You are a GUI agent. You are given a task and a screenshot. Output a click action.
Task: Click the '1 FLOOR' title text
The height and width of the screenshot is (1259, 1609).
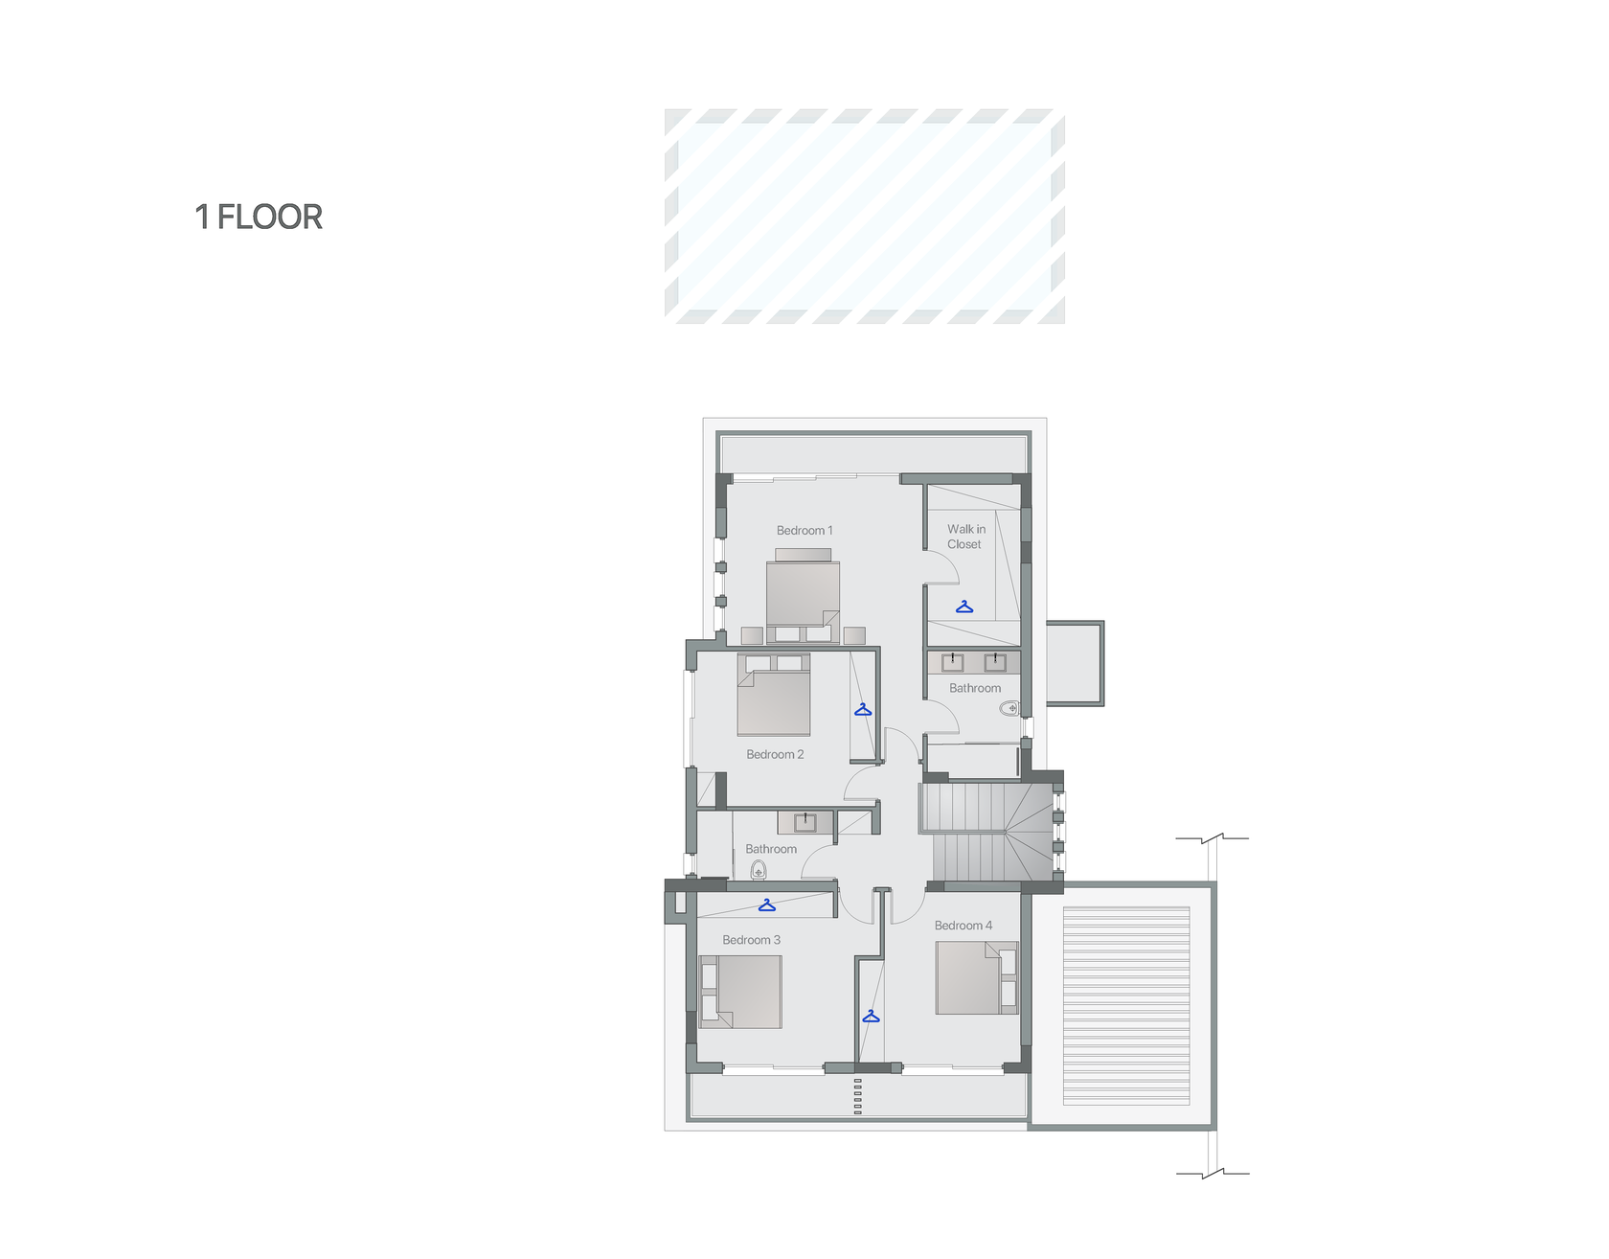(259, 217)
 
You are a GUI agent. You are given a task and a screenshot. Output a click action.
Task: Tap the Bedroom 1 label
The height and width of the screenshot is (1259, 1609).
(804, 530)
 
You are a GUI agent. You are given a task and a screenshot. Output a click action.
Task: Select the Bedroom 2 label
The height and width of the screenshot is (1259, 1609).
(775, 754)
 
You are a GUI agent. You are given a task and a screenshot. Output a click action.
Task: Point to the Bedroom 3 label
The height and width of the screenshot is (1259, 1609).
(751, 940)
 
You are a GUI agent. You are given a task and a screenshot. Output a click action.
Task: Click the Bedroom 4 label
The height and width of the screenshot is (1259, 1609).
(963, 926)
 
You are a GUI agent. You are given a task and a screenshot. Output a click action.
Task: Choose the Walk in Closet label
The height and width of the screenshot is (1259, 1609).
(965, 537)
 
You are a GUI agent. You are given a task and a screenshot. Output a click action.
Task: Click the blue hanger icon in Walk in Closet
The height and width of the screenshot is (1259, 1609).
(964, 607)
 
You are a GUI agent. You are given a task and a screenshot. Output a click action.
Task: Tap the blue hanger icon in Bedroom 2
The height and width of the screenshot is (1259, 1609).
(863, 710)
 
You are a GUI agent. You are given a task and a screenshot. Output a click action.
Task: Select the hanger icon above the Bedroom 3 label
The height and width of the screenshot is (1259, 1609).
(767, 905)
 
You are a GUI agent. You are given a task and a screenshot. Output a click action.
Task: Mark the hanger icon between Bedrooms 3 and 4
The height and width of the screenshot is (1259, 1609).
(871, 1017)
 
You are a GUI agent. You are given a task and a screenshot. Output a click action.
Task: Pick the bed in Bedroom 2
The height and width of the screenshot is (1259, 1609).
(774, 695)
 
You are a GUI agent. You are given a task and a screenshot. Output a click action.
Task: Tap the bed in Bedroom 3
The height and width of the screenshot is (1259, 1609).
(740, 992)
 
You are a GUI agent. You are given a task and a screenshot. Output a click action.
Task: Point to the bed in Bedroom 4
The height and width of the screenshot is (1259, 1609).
(977, 977)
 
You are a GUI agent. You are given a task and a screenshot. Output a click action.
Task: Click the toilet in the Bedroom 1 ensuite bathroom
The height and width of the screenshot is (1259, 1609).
(1009, 709)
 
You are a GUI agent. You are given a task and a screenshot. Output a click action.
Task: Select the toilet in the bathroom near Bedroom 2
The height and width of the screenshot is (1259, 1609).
(759, 870)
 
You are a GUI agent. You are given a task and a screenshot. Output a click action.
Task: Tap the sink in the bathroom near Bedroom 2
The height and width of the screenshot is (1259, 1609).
(804, 822)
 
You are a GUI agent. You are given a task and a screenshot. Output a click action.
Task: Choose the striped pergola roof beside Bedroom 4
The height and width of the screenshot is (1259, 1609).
(1126, 1006)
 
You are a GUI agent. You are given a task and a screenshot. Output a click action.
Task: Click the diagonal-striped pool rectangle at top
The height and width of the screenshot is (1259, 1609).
(865, 217)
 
